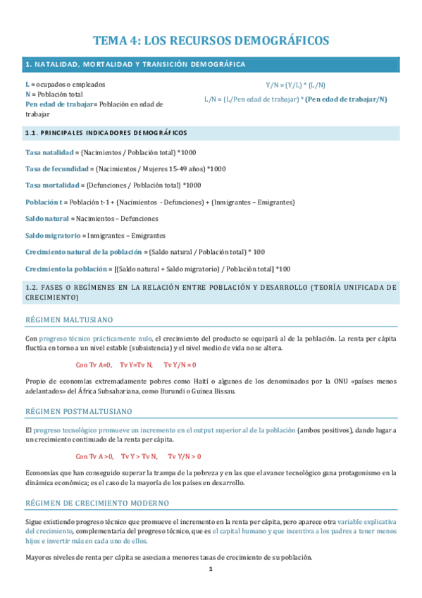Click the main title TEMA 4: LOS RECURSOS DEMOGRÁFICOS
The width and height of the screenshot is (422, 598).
(211, 41)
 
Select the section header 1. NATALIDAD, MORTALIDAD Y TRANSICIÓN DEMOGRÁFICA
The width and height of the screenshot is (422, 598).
(135, 65)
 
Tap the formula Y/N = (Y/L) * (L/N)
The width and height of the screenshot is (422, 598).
(295, 85)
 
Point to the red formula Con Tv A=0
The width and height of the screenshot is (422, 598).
(94, 365)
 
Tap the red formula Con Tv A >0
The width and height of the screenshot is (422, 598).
(95, 456)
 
